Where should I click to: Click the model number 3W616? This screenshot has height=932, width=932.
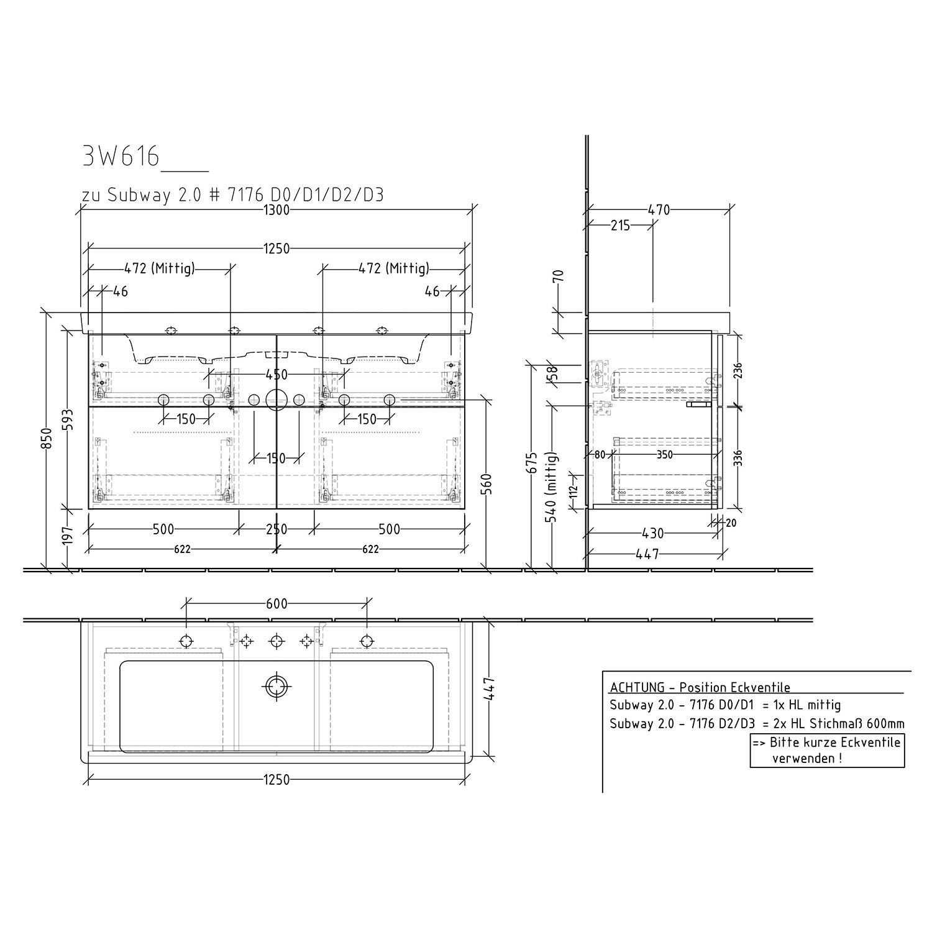[121, 157]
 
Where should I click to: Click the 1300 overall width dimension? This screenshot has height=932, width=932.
[276, 210]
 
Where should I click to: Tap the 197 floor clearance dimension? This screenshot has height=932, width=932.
[69, 536]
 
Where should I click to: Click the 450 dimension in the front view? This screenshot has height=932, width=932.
[276, 375]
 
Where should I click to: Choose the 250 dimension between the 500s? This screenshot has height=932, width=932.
[276, 529]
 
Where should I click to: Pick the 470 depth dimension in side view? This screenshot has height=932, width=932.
[659, 210]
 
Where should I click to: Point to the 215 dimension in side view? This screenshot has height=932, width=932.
[620, 226]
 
